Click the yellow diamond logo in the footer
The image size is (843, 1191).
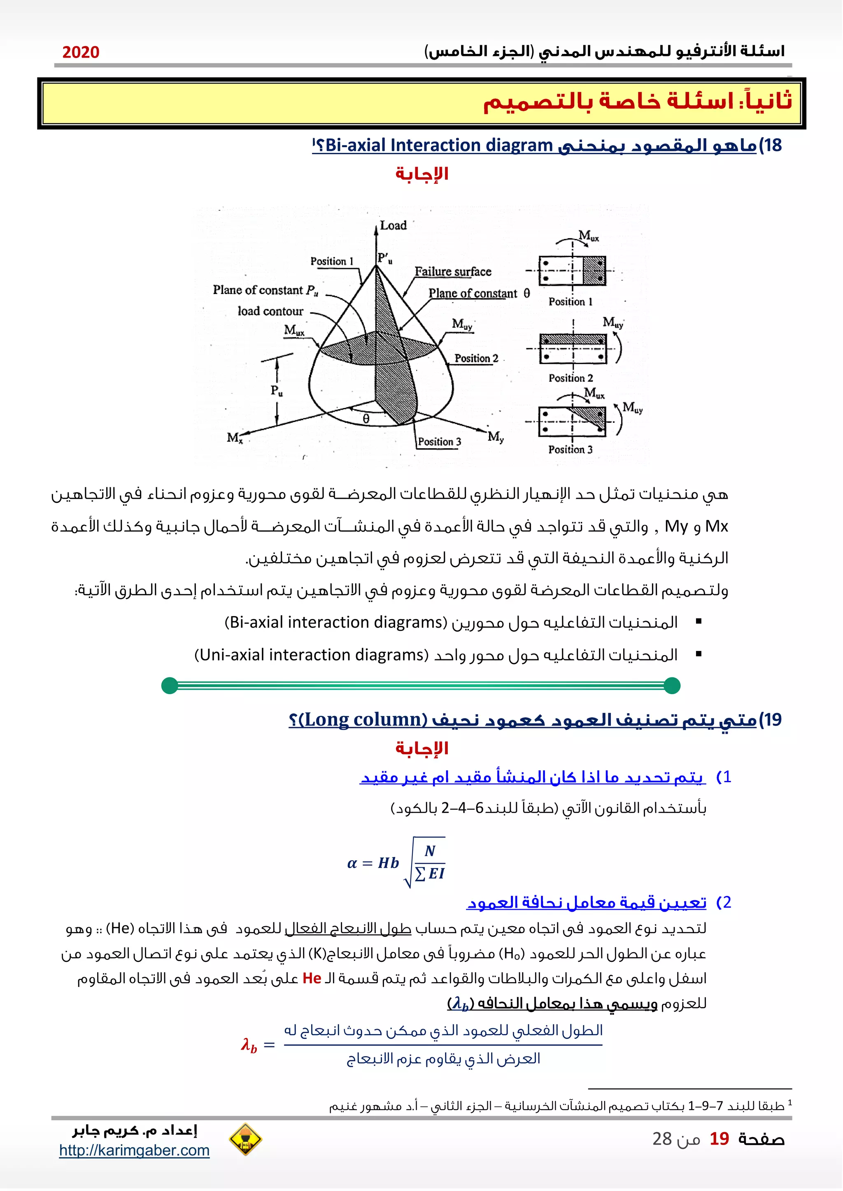245,1139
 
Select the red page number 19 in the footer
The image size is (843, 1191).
719,1139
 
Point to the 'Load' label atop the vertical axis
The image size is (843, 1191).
393,226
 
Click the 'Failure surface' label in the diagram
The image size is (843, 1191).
453,272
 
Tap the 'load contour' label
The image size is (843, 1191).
270,311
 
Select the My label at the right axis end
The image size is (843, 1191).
495,436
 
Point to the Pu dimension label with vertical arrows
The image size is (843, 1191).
277,390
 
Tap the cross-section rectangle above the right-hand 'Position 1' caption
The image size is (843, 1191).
573,271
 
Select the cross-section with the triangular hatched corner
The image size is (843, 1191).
573,421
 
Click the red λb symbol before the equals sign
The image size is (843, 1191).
249,1045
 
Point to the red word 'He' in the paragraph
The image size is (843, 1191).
312,978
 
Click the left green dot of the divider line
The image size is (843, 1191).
170,685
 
